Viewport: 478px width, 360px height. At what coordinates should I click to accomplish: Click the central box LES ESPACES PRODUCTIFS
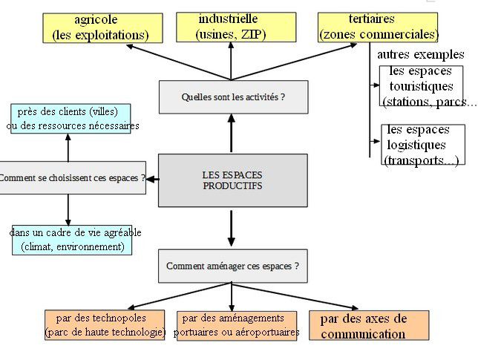click(x=232, y=180)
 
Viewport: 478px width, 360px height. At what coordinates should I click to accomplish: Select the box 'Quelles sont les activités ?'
click(x=233, y=97)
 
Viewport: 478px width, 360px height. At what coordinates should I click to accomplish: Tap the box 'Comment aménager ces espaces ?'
click(x=233, y=266)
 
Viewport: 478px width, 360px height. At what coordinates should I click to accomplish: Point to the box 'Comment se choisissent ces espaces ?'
click(x=72, y=178)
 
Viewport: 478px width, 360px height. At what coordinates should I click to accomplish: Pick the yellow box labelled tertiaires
click(x=378, y=27)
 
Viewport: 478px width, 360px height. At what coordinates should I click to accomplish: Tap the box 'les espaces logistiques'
click(x=422, y=145)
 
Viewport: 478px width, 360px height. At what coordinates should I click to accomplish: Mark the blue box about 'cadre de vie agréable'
click(x=73, y=240)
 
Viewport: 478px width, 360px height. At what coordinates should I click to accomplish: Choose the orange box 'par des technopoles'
click(x=105, y=325)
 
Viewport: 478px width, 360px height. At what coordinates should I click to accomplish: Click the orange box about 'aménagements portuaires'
click(x=237, y=325)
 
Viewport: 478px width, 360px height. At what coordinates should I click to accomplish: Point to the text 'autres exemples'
click(x=420, y=54)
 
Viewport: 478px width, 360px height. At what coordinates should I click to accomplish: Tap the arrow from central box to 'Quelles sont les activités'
click(x=232, y=134)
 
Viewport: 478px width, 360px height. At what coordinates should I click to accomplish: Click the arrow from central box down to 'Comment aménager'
click(x=232, y=228)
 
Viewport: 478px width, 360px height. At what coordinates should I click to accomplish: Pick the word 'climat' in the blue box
click(x=42, y=246)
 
